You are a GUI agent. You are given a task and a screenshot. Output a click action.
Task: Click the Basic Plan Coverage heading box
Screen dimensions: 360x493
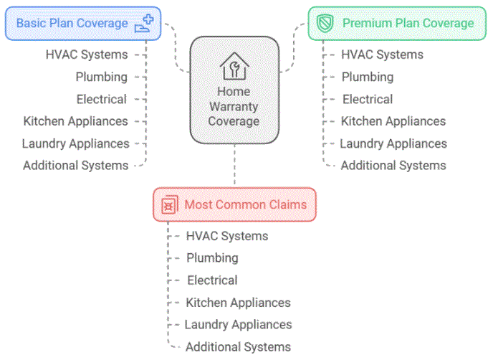82,23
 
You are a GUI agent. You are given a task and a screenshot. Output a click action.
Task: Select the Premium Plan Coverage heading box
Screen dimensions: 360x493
397,23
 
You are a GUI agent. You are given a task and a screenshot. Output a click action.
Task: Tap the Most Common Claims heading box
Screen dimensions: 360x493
234,204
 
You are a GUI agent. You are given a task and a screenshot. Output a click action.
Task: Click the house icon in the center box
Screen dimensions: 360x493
234,66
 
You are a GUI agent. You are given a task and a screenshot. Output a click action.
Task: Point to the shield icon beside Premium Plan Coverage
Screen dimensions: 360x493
326,23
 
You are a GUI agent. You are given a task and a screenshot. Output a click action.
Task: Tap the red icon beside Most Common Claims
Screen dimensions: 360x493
168,205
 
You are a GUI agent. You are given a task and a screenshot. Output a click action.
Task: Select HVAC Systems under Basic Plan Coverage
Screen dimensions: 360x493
86,55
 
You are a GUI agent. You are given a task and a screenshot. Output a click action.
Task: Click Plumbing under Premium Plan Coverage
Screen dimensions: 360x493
367,77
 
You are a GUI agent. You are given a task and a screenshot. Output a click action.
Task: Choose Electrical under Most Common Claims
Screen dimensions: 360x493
212,280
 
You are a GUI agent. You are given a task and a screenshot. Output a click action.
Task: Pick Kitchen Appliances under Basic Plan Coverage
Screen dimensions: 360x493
75,121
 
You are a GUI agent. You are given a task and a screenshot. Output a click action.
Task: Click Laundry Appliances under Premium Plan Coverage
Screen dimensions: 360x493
393,143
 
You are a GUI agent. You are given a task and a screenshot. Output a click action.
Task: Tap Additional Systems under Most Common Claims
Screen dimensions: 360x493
238,347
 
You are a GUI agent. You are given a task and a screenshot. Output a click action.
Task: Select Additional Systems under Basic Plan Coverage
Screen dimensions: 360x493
75,166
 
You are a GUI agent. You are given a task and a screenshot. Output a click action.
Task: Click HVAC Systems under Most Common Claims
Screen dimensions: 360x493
227,235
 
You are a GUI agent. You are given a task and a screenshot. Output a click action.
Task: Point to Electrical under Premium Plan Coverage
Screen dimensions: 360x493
367,99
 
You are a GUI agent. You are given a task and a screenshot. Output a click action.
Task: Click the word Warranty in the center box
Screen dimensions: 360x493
234,107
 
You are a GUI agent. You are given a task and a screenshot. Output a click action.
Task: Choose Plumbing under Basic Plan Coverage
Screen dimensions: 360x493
102,77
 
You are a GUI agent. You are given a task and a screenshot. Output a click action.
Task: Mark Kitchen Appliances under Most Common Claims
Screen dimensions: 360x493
238,303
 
